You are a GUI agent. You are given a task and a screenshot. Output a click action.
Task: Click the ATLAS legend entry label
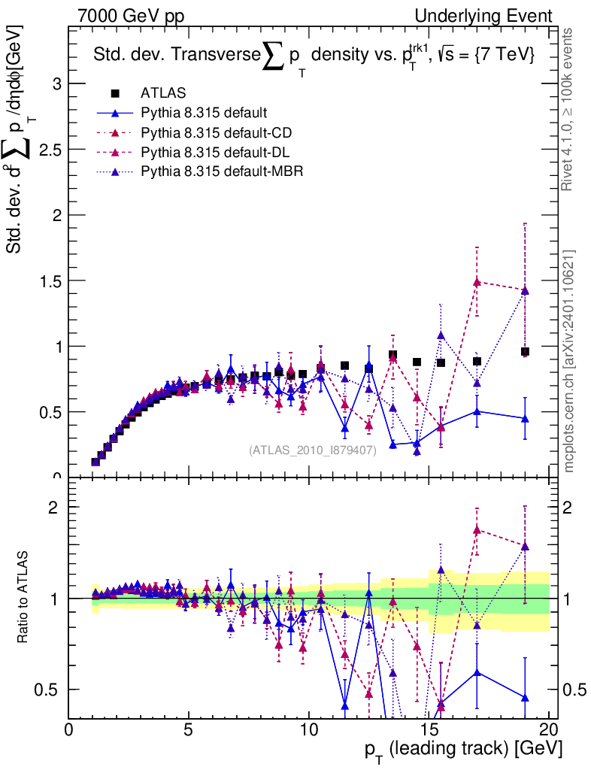pyautogui.click(x=163, y=93)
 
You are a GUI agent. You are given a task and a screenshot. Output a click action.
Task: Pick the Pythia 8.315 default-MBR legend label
pyautogui.click(x=222, y=171)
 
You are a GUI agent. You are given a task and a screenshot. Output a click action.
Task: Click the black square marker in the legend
pyautogui.click(x=115, y=93)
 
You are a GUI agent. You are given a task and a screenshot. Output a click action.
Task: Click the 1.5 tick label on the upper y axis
pyautogui.click(x=49, y=280)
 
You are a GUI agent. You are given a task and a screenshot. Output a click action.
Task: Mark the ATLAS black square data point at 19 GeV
pyautogui.click(x=525, y=351)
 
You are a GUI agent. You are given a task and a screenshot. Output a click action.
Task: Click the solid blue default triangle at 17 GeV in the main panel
pyautogui.click(x=477, y=411)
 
